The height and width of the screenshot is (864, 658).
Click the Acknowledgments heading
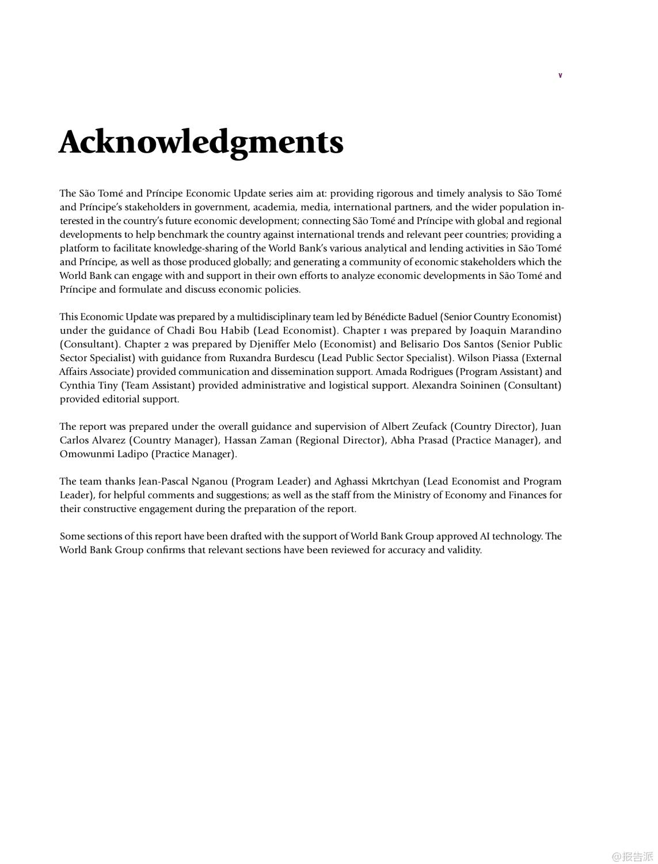201,142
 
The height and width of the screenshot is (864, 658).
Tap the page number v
560,75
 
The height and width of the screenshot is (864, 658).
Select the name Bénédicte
384,317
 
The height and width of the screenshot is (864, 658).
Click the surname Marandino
532,331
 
